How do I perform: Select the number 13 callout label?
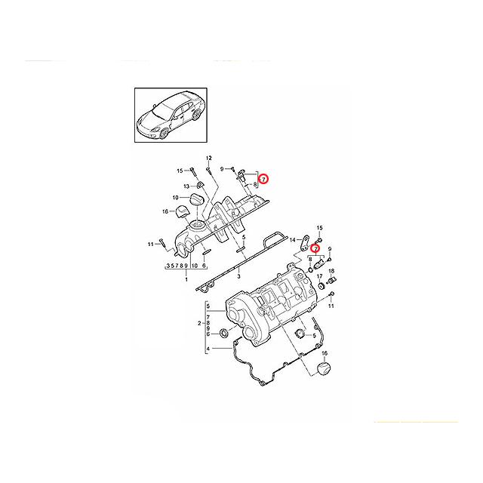[186, 186]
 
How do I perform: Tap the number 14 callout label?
[293, 239]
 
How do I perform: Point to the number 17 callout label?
[320, 276]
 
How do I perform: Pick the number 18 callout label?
[331, 271]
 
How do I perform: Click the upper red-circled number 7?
[263, 179]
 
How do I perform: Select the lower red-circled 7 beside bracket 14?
[316, 248]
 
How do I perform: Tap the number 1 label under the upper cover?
[186, 278]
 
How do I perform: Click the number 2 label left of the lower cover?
[198, 323]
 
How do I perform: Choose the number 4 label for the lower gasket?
[208, 349]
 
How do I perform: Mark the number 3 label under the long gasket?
[238, 277]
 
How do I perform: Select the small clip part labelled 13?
[201, 185]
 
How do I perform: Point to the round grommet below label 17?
[320, 286]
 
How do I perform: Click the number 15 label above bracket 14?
[318, 228]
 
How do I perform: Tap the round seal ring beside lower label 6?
[224, 333]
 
